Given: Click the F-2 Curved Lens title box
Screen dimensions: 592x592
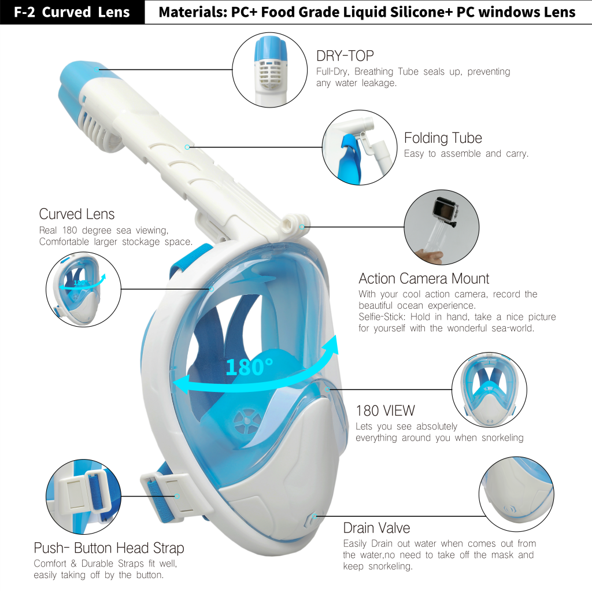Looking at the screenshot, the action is (x=72, y=12).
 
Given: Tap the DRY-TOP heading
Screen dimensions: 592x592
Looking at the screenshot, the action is (x=345, y=56).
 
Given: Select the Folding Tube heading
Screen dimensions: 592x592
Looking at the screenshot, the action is (x=443, y=138).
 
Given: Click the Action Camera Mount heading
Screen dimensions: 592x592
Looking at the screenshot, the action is (x=424, y=279).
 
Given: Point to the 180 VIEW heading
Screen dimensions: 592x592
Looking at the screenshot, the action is (x=385, y=410).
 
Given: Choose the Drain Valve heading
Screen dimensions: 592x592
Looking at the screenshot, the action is (x=376, y=528).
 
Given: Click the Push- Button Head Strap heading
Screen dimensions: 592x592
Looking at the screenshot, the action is (x=109, y=548).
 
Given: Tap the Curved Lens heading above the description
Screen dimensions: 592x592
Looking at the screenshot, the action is (x=77, y=214).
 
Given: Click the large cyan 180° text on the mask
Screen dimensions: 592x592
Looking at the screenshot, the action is (x=249, y=367).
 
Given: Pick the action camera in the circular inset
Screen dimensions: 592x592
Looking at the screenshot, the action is (x=446, y=210).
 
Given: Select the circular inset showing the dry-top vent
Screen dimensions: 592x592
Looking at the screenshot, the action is (x=269, y=70).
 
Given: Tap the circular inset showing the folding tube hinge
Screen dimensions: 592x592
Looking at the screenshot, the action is (x=360, y=147).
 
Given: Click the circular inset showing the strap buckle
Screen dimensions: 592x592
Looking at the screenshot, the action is (x=83, y=497).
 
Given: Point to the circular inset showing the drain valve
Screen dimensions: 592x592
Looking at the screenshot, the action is (x=516, y=494).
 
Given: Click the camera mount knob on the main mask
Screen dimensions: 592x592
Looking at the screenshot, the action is (x=295, y=224).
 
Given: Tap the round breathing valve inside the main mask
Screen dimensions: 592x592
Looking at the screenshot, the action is (x=247, y=421).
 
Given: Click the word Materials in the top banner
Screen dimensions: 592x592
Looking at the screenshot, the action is (x=192, y=12).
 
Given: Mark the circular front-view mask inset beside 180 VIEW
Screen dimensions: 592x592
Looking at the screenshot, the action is (x=489, y=390).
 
